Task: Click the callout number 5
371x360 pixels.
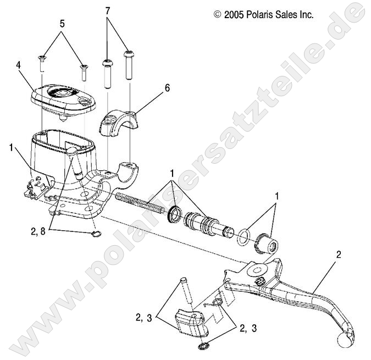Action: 62,24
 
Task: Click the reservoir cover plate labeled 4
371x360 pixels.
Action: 62,98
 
